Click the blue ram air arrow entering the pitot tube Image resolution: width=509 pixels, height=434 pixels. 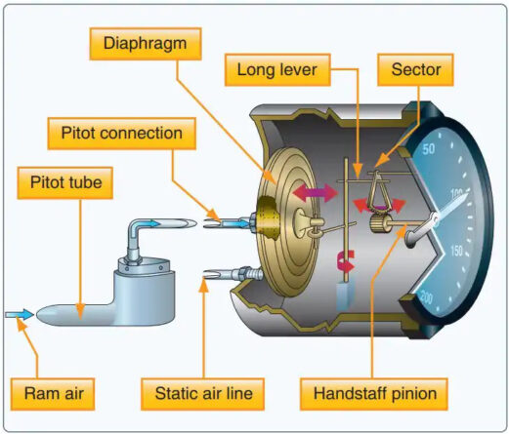coord(19,314)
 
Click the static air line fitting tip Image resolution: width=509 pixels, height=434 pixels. coord(209,281)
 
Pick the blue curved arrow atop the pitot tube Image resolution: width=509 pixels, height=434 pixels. coord(148,225)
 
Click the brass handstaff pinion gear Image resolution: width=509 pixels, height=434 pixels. coord(377,231)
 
